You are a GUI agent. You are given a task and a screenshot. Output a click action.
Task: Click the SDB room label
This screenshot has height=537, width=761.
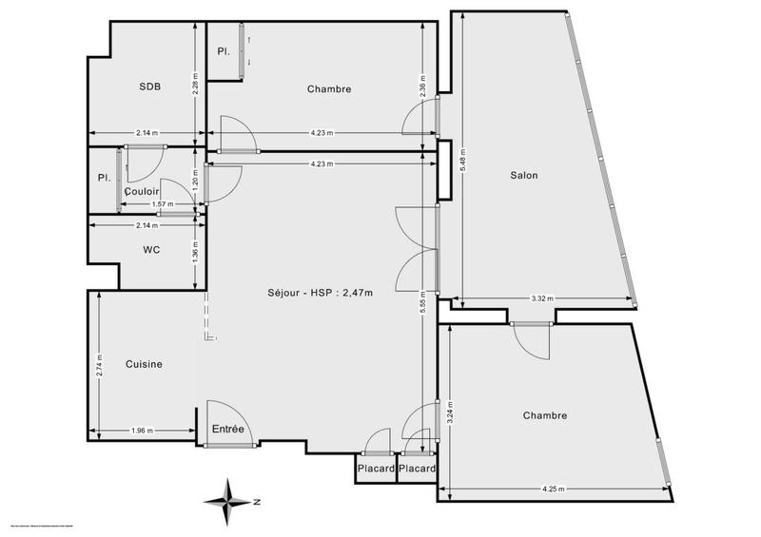[149, 86]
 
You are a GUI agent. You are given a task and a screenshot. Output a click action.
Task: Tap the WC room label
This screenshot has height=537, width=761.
[150, 250]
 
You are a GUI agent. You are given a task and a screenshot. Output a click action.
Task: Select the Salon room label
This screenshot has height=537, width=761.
[524, 176]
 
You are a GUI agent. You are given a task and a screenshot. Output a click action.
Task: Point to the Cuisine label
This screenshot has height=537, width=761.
[144, 364]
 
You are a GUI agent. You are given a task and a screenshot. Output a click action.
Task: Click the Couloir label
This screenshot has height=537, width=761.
[142, 191]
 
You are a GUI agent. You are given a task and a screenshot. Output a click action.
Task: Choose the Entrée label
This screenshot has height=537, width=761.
[228, 430]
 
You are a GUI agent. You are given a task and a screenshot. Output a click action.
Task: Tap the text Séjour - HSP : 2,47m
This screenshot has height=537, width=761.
[320, 293]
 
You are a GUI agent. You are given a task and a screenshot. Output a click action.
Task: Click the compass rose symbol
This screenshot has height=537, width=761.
[231, 501]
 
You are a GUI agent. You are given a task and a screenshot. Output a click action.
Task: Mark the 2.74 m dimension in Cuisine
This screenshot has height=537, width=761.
[99, 365]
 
